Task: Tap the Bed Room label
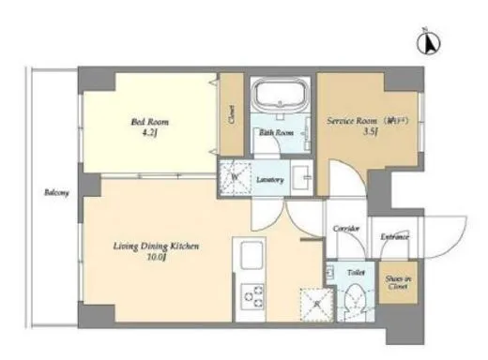click(144, 122)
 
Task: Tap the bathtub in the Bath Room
click(279, 97)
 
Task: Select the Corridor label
click(346, 228)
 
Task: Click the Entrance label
click(394, 237)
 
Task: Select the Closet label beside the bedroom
click(230, 115)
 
